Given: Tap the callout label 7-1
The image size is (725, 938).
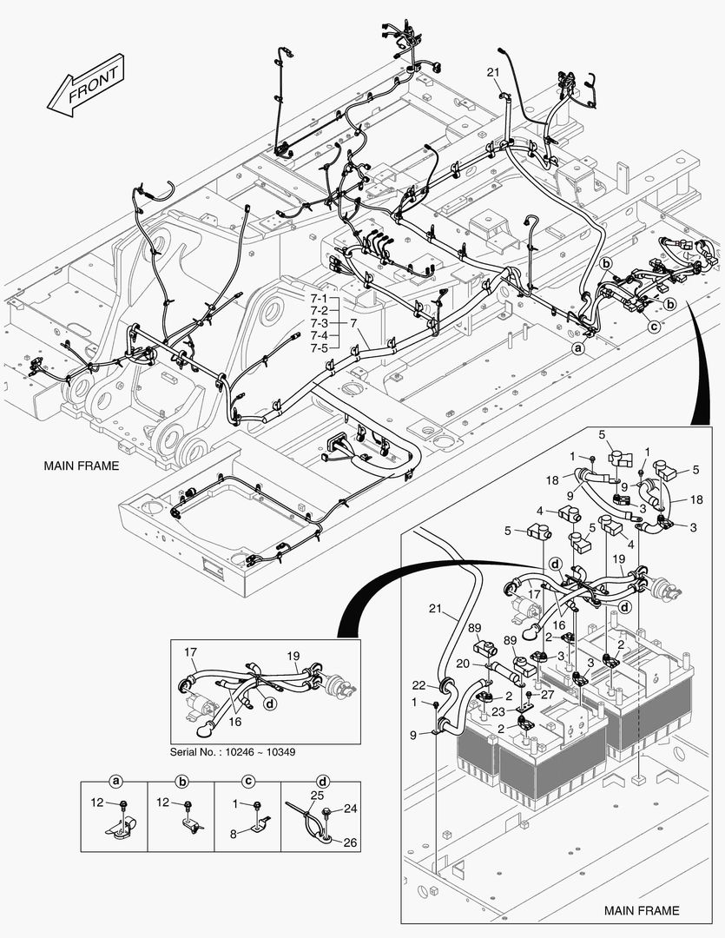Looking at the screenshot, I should click(318, 299).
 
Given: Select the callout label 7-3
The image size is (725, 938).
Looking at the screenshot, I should click(318, 323).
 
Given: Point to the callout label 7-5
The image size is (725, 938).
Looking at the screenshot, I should click(318, 347).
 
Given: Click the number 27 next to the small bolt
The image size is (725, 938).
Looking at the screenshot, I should click(546, 695).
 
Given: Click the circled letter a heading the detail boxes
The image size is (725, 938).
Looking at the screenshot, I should click(115, 781).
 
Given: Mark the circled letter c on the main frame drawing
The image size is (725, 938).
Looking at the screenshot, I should click(653, 327).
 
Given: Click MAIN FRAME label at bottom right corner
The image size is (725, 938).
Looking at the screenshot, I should click(642, 910).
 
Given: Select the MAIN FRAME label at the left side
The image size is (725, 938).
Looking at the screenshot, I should click(81, 466).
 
